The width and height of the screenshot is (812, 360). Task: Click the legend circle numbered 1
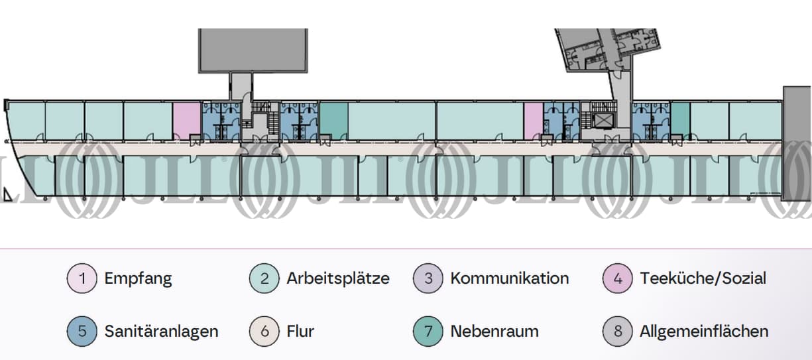82,278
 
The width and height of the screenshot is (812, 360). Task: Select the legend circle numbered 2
264,278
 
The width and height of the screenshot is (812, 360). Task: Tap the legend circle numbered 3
428,278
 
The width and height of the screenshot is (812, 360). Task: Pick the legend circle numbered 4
618,278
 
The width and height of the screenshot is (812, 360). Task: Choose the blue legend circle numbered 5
82,331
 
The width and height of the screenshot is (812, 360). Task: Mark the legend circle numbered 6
264,331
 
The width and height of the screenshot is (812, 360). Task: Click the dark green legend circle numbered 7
428,331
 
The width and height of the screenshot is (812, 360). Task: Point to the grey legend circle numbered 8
618,331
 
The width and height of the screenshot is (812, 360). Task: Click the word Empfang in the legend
138,278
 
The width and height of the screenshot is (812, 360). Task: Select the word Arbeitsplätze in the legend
338,278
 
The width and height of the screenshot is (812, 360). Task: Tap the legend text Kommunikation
509,278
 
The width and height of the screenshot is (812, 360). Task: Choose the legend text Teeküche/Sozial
703,278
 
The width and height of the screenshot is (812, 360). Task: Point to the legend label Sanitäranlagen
161,331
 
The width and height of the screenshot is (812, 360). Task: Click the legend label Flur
300,331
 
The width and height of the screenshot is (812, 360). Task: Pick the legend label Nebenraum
494,331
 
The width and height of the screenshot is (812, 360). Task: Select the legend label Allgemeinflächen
704,331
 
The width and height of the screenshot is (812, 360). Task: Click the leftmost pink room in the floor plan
186,121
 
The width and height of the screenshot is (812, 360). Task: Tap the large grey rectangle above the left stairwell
253,50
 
